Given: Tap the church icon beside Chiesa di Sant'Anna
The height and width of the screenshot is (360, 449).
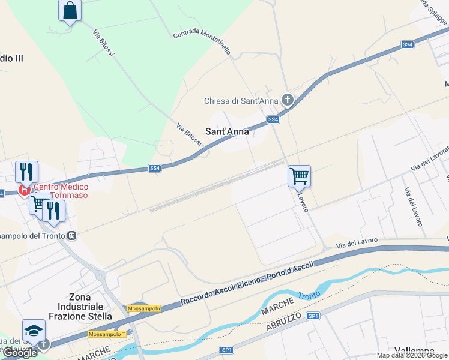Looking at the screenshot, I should (x=287, y=100).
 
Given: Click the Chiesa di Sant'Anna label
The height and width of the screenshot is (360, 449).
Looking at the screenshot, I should (x=241, y=101).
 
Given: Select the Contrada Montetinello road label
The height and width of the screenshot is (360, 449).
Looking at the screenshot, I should (x=202, y=43).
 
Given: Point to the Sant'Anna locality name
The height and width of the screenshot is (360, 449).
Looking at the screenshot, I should (x=227, y=131).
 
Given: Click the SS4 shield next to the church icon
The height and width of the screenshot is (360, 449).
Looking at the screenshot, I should (x=273, y=120).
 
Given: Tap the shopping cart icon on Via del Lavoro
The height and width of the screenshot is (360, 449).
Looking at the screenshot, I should (x=299, y=176).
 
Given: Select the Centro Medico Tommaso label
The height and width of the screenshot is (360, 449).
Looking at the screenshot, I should (x=60, y=191).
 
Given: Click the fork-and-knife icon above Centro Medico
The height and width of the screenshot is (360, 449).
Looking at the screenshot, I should (x=26, y=172).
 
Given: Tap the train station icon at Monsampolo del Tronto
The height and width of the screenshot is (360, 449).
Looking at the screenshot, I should (x=72, y=236).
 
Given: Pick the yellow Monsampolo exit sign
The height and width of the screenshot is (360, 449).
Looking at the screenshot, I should (x=144, y=308).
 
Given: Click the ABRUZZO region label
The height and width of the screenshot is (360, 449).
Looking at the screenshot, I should (x=287, y=323).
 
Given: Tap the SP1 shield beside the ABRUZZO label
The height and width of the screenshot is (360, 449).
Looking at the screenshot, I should (x=312, y=316).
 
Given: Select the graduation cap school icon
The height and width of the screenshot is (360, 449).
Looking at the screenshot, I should (x=34, y=331).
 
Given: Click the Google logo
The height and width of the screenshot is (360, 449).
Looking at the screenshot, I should (x=20, y=353).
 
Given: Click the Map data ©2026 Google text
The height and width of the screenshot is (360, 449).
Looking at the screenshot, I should (x=412, y=355).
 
